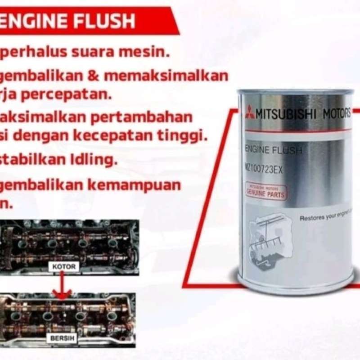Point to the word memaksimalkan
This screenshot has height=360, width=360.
tap(166, 75)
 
